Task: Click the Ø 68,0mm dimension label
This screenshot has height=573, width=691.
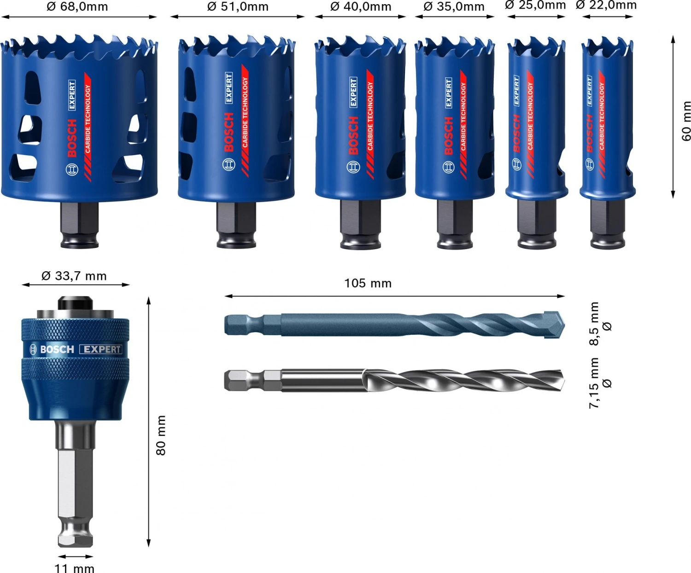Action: tap(77, 7)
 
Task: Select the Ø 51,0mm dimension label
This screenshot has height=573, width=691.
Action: tap(238, 7)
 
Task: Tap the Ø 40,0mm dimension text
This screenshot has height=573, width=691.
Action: tap(361, 7)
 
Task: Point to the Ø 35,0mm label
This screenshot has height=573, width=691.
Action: tap(454, 7)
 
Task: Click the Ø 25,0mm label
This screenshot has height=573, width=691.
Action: tap(535, 5)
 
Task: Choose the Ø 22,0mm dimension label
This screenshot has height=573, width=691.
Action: tap(606, 5)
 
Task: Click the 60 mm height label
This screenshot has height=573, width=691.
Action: tap(686, 121)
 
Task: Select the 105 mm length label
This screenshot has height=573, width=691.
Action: tap(368, 283)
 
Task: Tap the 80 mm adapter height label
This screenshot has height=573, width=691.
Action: tap(161, 435)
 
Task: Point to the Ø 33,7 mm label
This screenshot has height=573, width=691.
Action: tap(74, 276)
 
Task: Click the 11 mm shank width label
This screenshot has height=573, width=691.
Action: tap(75, 568)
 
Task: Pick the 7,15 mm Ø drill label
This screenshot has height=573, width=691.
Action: tap(600, 383)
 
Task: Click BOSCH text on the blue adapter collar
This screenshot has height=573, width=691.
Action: tap(57, 350)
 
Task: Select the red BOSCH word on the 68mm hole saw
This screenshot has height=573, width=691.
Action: tap(72, 138)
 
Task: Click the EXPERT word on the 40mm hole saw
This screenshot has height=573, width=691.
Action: tap(353, 92)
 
